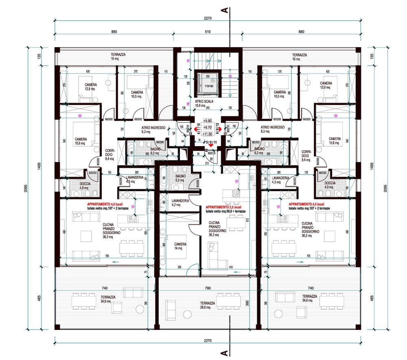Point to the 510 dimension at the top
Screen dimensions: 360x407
coord(208,32)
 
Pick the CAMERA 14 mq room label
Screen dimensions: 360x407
coord(180,246)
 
